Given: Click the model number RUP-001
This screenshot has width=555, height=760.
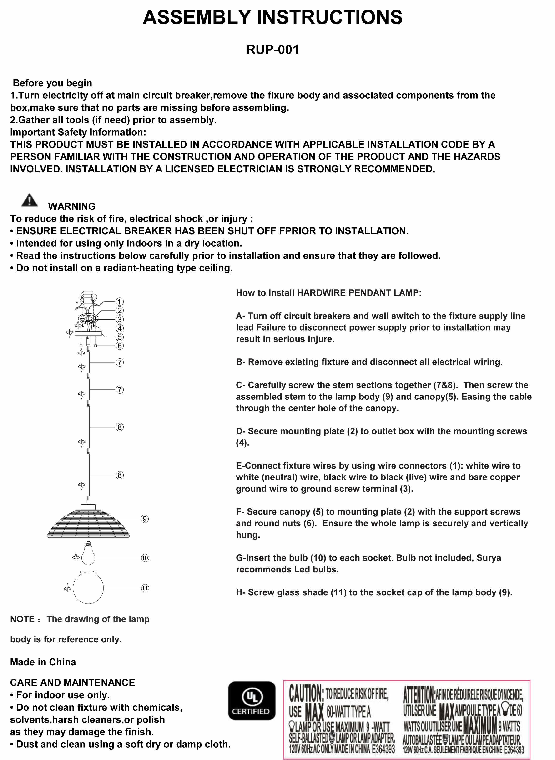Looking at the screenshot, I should coord(272,50).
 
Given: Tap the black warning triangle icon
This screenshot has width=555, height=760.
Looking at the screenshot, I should coord(30,200).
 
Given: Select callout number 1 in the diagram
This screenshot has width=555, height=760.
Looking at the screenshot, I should coord(119,301).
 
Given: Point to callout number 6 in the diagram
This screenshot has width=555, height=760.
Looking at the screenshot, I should coord(119,346).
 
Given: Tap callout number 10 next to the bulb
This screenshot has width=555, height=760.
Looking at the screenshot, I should coord(145,558).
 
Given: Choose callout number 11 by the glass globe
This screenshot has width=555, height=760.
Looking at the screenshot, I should coord(145,588).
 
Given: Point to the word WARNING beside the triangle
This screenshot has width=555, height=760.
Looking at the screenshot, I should coord(72,206).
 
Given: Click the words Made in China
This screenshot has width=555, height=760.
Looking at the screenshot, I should coord(43,662).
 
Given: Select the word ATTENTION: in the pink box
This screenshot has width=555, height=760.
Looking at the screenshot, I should coord(419,694).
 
